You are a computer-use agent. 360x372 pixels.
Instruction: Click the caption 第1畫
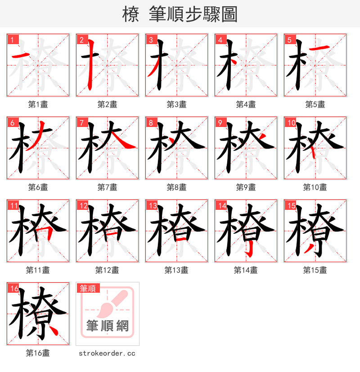[38, 104]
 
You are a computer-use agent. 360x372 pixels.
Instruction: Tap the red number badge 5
[288, 40]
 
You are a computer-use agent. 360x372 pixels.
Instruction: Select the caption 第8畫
[176, 187]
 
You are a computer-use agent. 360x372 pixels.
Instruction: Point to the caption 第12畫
[107, 270]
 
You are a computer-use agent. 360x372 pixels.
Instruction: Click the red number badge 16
[13, 288]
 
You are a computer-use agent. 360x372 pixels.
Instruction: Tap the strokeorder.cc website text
[107, 354]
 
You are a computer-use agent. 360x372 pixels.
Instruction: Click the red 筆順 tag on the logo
[89, 288]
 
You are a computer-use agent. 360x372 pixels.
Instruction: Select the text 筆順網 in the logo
[107, 326]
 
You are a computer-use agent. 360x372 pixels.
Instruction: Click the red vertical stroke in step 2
[90, 65]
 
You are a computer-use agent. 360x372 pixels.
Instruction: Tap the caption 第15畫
[315, 270]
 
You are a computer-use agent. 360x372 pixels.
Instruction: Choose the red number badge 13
[152, 205]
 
